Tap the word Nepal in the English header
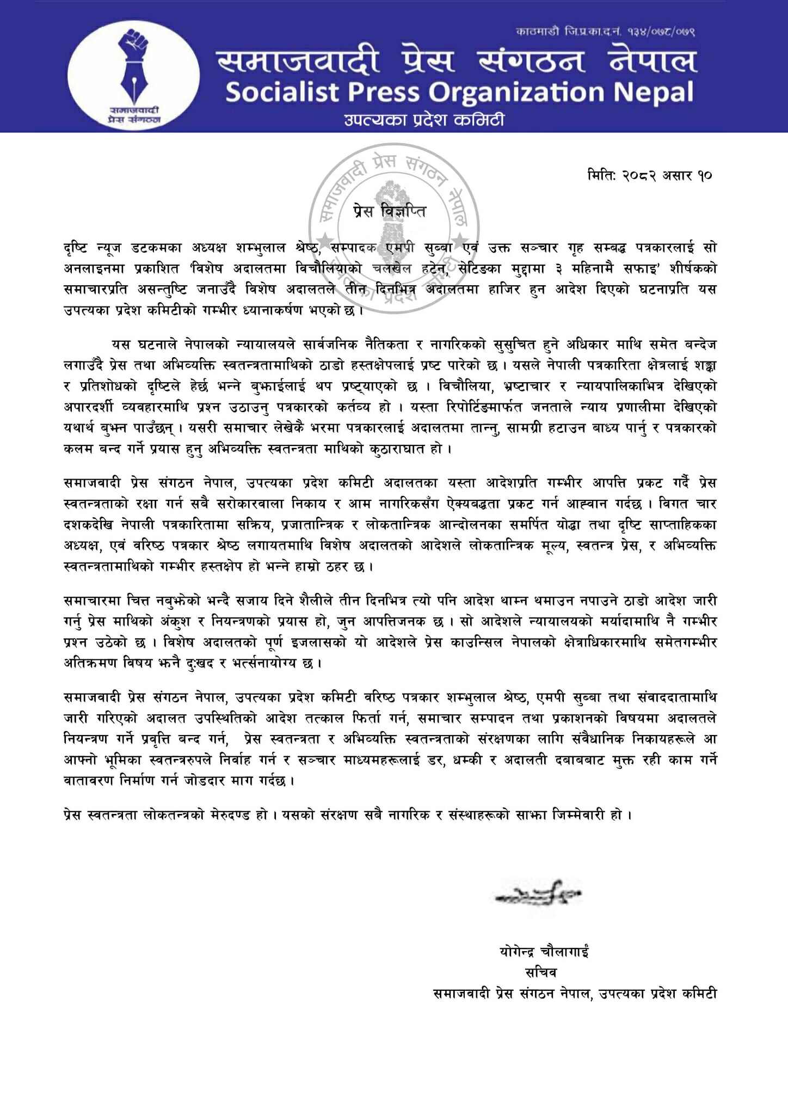coord(654,93)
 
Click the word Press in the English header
coord(383,93)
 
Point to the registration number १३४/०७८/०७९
coord(658,32)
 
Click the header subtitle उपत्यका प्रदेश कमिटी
coord(424,119)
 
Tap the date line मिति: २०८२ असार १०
coord(650,176)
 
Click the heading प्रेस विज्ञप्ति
coord(389,210)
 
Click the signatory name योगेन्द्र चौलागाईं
coord(544,952)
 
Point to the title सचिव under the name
coord(540,972)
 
